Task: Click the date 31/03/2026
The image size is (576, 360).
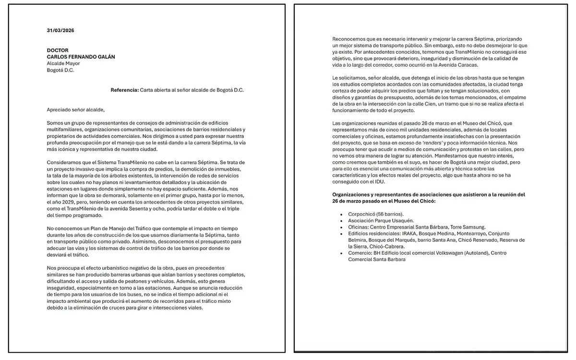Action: point(60,30)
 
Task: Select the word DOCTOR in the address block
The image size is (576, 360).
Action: point(58,50)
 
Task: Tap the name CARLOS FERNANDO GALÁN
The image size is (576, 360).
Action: point(81,57)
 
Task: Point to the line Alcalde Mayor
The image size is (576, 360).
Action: point(63,63)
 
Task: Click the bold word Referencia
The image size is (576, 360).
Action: point(124,90)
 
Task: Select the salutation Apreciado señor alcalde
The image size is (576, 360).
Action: point(75,110)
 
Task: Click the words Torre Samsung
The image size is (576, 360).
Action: point(468,227)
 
